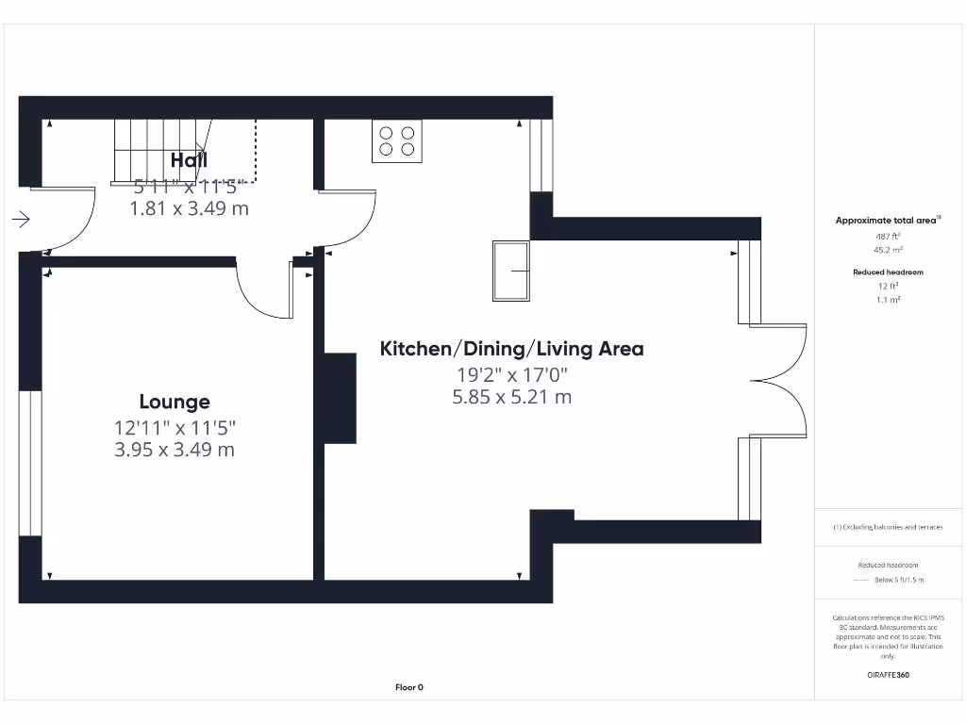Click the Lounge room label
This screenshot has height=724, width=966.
175,403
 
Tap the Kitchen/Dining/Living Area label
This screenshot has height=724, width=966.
511,349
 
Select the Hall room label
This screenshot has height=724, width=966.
189,160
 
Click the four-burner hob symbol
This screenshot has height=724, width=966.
397,141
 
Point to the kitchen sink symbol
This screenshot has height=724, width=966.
511,271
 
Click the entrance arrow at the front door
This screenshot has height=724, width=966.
21,220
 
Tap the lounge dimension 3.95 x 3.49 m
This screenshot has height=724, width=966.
175,450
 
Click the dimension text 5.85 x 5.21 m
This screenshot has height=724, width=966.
511,397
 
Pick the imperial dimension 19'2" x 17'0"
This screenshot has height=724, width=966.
511,374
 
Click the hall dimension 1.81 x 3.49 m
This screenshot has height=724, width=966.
189,208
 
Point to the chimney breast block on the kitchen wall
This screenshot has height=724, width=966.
340,398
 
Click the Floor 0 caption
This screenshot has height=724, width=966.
408,687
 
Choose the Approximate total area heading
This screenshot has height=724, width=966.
886,221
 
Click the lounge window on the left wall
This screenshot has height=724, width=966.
30,463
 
